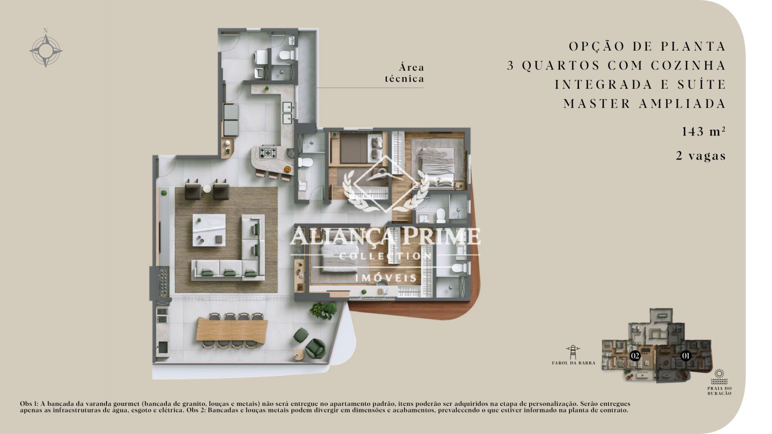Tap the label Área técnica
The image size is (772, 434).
[404, 73]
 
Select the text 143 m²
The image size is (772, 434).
[704, 131]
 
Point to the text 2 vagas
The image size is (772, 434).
[701, 156]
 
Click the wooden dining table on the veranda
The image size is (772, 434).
[232, 330]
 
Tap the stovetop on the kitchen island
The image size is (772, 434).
[268, 152]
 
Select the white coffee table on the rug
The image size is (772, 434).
[209, 230]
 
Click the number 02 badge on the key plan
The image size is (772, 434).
[635, 356]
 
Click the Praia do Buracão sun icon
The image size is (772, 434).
[720, 377]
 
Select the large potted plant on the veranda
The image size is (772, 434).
[323, 310]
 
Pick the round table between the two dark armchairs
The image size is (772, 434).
[207, 188]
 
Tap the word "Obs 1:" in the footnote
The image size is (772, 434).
[29, 403]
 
